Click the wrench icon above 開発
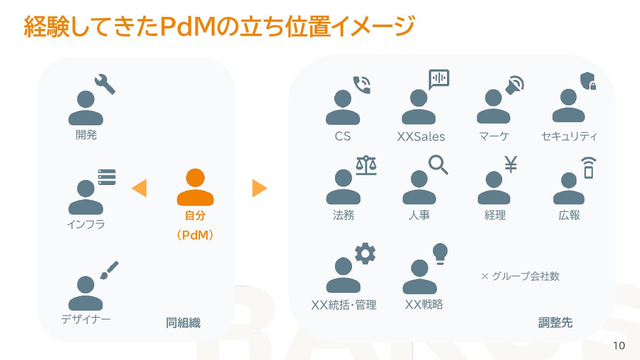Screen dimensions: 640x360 pos(105,84)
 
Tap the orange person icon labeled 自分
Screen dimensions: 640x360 pos(195,187)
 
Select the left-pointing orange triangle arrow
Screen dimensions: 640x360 pos(139,188)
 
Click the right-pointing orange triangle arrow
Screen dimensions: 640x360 pos(260,188)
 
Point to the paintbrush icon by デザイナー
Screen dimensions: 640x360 pos(109,270)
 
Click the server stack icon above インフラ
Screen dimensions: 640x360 pos(107,177)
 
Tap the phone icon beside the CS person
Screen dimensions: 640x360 pos(362,85)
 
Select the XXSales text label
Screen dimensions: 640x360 pos(421,137)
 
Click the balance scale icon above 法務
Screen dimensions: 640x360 pos(366,165)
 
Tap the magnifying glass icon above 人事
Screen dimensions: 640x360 pos(438,164)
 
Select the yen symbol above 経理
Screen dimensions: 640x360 pos(511,164)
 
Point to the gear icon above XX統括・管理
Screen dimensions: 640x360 pos(365,254)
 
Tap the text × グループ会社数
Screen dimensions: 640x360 pos(520,276)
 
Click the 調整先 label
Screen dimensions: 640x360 pos(555,323)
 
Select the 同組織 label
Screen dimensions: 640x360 pos(183,323)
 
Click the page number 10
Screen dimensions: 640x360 pos(619,346)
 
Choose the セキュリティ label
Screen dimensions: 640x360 pos(569,136)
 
